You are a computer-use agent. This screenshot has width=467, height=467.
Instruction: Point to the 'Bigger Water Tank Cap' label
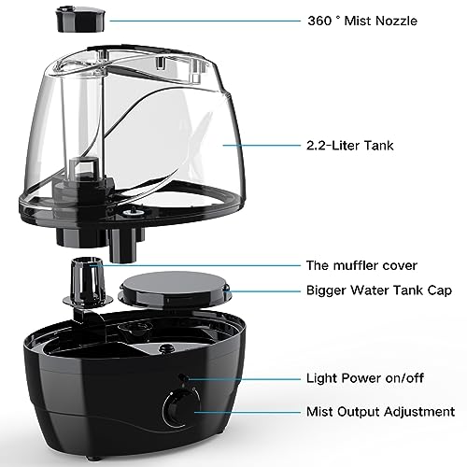pyautogui.click(x=379, y=291)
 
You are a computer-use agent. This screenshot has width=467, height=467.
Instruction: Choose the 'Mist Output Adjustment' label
pyautogui.click(x=380, y=411)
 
